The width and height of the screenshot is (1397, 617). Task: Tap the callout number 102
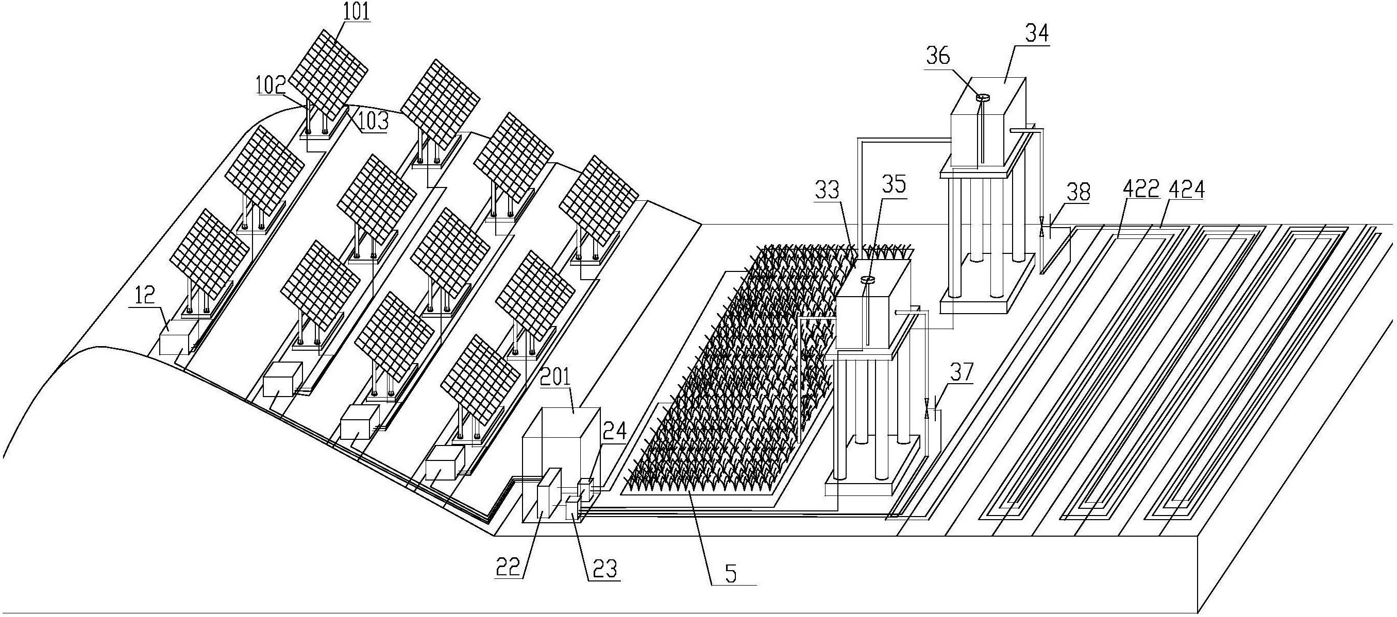point(271,85)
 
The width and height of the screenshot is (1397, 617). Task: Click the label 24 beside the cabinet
point(615,432)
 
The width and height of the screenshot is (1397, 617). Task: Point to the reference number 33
point(828,191)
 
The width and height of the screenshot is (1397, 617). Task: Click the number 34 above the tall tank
point(1036,33)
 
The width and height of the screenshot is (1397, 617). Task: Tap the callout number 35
point(893,185)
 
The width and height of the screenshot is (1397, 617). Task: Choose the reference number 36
point(939,56)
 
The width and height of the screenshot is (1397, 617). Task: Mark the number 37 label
point(961,372)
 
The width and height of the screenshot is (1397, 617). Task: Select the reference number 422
point(1140,190)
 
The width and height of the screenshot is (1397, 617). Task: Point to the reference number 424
point(1186,190)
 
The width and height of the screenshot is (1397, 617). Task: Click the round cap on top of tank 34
point(983,97)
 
